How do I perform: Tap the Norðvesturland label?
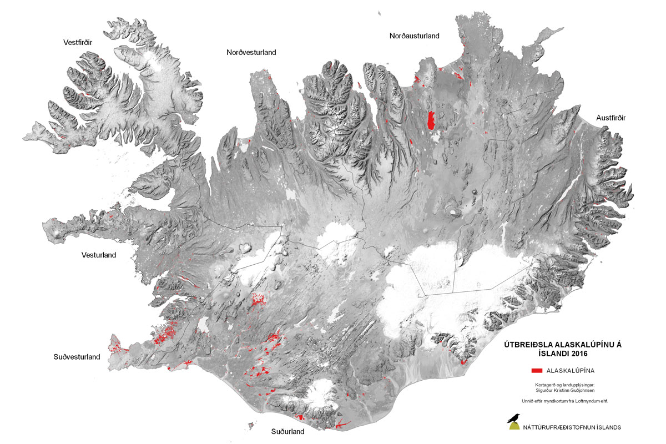click(x=251, y=53)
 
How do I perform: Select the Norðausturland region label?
click(x=414, y=36)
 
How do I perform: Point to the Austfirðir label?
click(x=611, y=118)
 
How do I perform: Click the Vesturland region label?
click(x=99, y=255)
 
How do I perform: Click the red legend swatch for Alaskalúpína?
click(x=536, y=370)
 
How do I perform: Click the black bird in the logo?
click(x=514, y=417)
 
